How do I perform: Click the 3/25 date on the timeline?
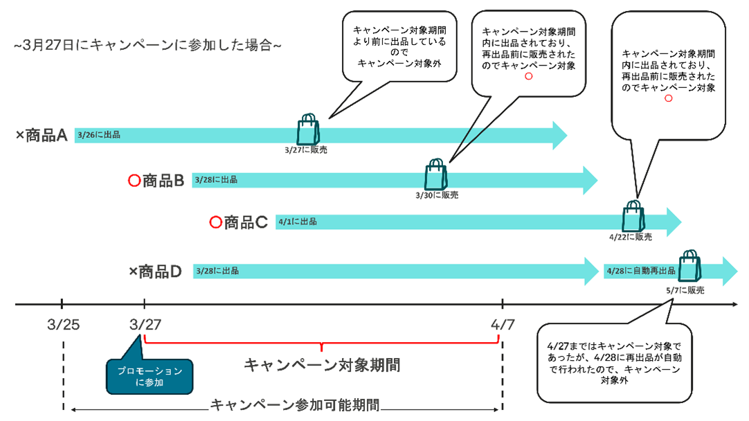62,324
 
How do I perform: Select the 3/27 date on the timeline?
143,324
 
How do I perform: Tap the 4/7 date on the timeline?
502,324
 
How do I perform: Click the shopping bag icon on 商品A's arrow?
308,129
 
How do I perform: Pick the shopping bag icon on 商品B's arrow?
435,174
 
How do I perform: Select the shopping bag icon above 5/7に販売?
690,266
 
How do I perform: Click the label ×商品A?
42,135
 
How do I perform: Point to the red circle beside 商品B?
135,181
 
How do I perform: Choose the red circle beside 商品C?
215,222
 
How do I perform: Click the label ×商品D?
155,271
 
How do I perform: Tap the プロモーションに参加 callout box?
150,376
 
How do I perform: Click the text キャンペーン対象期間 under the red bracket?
322,365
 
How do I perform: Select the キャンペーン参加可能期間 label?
296,405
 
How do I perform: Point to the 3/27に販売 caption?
305,149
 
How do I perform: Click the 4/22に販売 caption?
630,237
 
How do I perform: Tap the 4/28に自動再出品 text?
640,271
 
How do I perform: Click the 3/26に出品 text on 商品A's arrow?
99,135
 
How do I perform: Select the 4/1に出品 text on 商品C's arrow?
297,222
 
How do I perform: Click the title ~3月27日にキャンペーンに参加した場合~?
147,46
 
